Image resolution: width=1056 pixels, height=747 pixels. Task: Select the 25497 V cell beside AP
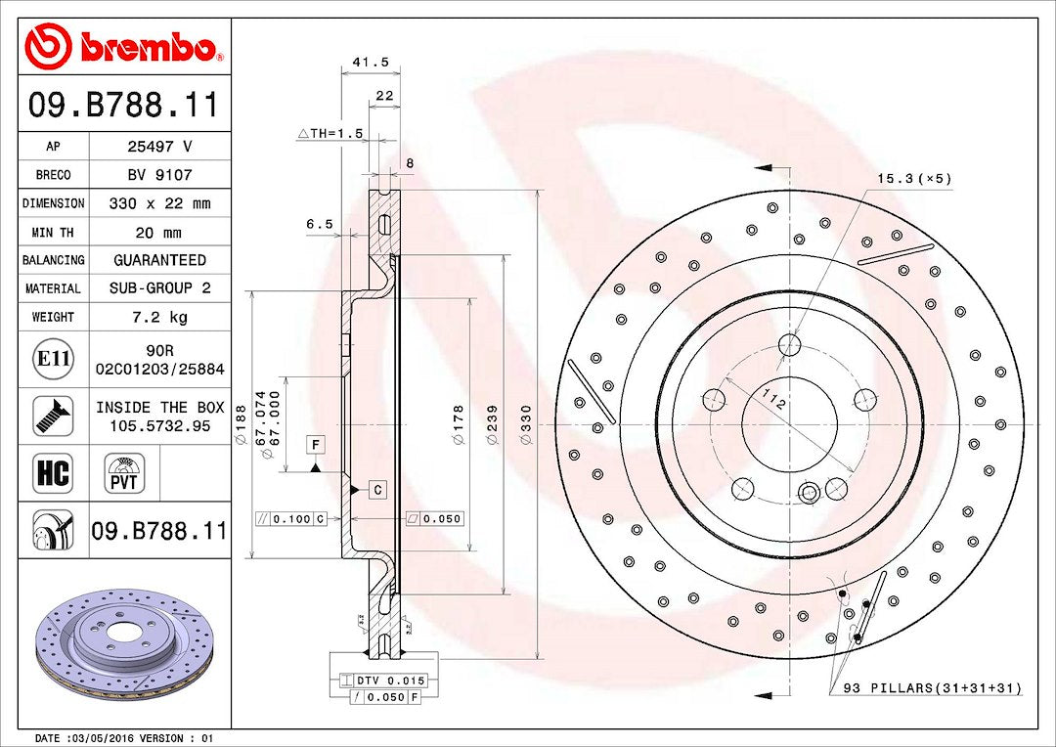(x=160, y=146)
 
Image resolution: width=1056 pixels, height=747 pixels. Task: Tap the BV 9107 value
(x=160, y=175)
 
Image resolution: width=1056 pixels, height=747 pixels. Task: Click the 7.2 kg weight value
(x=160, y=317)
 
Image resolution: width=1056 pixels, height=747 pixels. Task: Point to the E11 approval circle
(x=53, y=359)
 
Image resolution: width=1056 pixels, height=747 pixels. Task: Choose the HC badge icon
(x=53, y=472)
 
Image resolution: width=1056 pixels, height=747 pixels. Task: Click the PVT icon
(x=124, y=473)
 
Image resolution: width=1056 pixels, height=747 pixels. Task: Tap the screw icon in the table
(x=53, y=416)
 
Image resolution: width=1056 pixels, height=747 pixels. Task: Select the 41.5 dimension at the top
(x=372, y=62)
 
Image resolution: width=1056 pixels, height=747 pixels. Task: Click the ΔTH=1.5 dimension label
(x=330, y=133)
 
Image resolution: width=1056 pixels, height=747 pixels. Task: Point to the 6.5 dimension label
(x=319, y=224)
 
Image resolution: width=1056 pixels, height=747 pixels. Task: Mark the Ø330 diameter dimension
(x=526, y=424)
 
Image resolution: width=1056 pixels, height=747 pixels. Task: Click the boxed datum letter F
(x=315, y=445)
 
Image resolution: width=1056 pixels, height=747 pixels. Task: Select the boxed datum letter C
(x=377, y=490)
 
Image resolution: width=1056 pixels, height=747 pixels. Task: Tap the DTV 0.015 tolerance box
(x=383, y=681)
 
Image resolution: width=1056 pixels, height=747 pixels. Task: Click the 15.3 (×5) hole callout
(x=914, y=179)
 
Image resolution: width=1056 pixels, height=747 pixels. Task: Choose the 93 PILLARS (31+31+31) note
(x=933, y=688)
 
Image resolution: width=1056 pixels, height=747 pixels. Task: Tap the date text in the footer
(x=123, y=738)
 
